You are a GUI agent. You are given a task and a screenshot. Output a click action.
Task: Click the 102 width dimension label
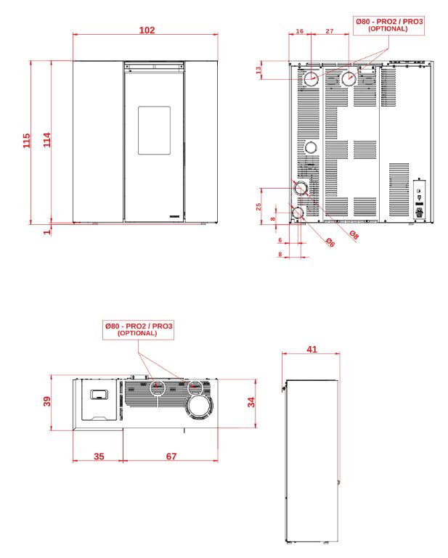pyautogui.click(x=147, y=30)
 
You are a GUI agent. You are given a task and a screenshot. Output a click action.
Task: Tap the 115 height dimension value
pyautogui.click(x=27, y=141)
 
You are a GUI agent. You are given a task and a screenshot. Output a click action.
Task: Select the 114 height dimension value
pyautogui.click(x=47, y=140)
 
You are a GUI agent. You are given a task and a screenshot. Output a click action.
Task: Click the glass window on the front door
pyautogui.click(x=154, y=130)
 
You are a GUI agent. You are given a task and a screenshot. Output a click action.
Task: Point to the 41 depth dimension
pyautogui.click(x=311, y=350)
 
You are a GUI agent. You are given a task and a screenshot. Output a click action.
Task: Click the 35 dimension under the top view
pyautogui.click(x=99, y=456)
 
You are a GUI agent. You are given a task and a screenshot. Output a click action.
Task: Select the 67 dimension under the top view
pyautogui.click(x=171, y=456)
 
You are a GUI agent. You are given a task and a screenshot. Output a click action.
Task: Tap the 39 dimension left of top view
pyautogui.click(x=47, y=401)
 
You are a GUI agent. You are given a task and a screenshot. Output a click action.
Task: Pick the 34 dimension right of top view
pyautogui.click(x=251, y=402)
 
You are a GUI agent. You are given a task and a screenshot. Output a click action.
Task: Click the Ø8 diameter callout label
pyautogui.click(x=354, y=234)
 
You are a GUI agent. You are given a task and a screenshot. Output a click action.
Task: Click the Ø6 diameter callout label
pyautogui.click(x=330, y=242)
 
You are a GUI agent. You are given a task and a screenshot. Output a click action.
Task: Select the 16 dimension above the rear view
pyautogui.click(x=300, y=31)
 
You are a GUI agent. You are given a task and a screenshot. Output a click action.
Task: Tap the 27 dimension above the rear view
pyautogui.click(x=330, y=31)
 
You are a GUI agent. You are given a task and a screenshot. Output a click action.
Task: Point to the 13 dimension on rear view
pyautogui.click(x=258, y=70)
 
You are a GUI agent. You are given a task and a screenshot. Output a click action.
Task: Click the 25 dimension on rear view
pyautogui.click(x=258, y=206)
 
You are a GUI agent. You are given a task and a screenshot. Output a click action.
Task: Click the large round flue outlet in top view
pyautogui.click(x=200, y=406)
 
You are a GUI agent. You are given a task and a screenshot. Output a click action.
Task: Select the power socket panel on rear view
pyautogui.click(x=419, y=200)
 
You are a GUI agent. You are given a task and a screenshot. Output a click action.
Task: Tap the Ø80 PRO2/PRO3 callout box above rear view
pyautogui.click(x=389, y=25)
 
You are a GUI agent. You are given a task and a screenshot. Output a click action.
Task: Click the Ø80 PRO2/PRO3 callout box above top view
pyautogui.click(x=138, y=330)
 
